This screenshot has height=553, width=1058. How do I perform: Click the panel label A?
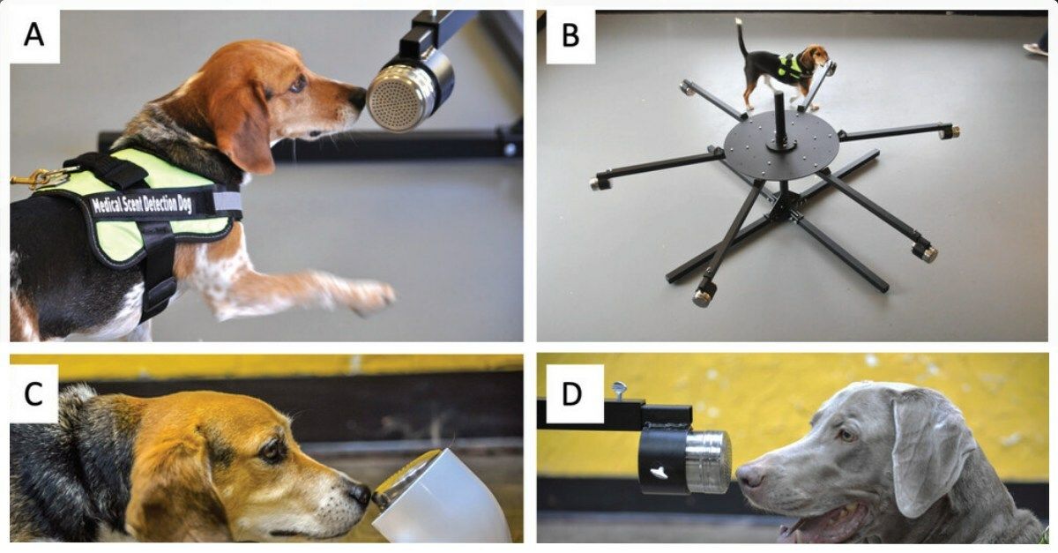[34, 35]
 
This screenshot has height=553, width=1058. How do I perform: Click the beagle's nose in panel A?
[357, 100]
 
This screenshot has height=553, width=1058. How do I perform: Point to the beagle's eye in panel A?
[297, 84]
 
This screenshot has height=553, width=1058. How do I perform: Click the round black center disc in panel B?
[781, 146]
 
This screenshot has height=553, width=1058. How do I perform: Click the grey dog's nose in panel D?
[749, 477]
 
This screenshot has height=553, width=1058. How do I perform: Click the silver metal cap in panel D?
[709, 461]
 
